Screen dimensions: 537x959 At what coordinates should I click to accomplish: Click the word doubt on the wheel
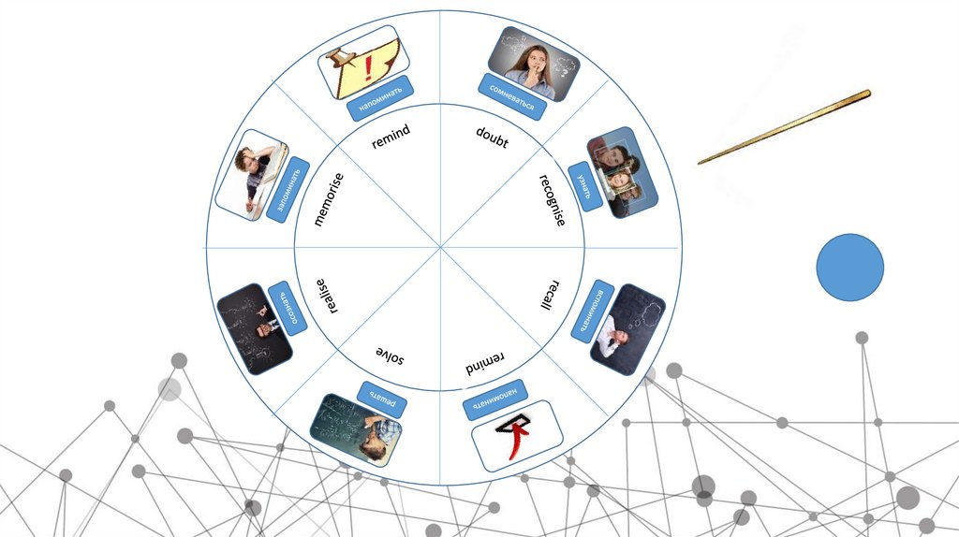tap(492, 138)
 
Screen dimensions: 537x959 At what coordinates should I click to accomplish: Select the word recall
tap(551, 294)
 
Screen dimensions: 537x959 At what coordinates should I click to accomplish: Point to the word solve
tap(391, 354)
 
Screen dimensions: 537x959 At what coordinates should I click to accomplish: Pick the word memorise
tap(329, 199)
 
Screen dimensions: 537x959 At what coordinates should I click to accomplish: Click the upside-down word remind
tap(485, 361)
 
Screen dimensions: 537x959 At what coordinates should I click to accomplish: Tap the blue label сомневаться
tap(512, 97)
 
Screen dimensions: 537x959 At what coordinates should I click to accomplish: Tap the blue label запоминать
tap(288, 189)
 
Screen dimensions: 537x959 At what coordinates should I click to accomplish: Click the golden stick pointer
tap(784, 127)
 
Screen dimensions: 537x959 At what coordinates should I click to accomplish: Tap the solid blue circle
tap(849, 268)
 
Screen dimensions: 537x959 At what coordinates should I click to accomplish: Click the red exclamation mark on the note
tap(368, 66)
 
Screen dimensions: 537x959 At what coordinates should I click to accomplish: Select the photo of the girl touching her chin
tap(534, 63)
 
